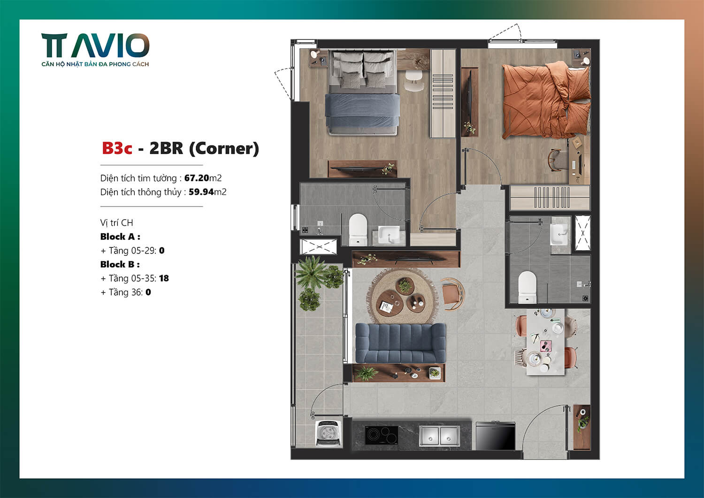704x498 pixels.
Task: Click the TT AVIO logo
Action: pos(95,49)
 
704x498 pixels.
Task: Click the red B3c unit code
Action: pos(117,148)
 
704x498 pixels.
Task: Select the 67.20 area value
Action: pos(196,178)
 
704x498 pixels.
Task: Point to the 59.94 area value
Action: pos(201,192)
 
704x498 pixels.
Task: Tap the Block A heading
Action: pos(120,237)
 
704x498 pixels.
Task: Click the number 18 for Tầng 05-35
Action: pos(164,278)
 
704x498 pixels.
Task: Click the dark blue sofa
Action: pos(400,343)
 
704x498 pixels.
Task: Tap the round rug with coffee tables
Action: pos(402,297)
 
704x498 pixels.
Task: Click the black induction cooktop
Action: pos(382,435)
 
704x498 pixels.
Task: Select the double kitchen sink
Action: pos(439,436)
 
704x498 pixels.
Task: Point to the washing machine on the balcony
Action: pos(328,433)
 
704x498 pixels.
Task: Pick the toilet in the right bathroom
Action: pos(527,287)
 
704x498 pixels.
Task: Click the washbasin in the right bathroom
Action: pos(559,233)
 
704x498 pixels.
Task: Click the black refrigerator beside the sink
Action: pos(495,436)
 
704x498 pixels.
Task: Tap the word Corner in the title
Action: pos(224,148)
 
